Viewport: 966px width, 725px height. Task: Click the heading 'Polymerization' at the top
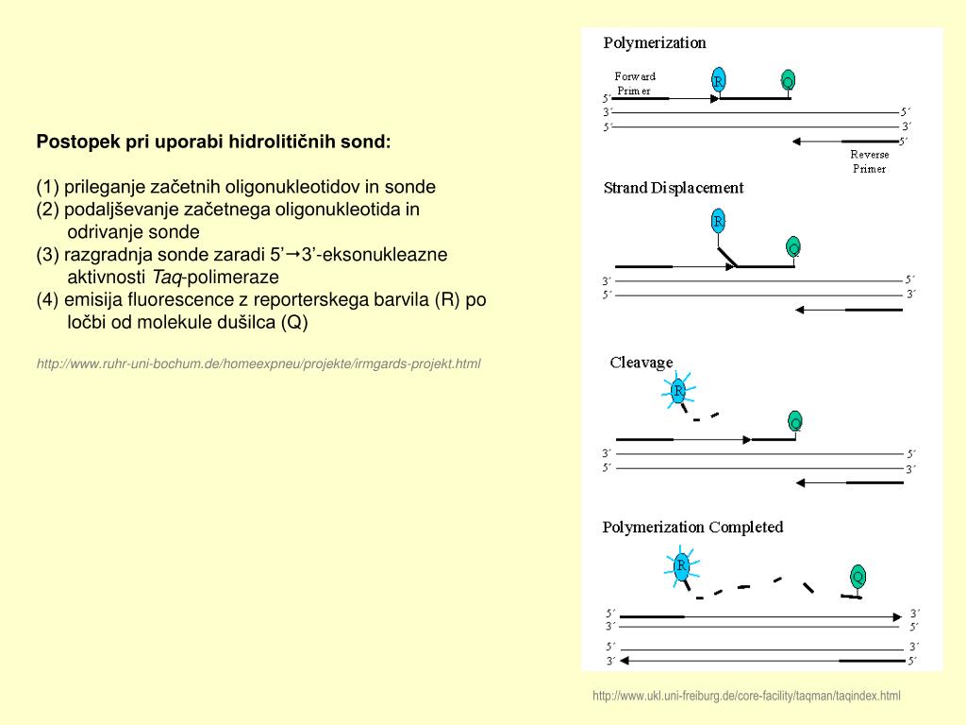(x=655, y=42)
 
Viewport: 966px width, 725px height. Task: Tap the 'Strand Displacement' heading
(x=674, y=188)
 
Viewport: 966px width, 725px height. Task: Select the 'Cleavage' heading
(x=641, y=362)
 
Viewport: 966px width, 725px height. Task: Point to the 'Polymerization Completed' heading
(x=692, y=527)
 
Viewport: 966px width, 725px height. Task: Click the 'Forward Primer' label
(x=635, y=83)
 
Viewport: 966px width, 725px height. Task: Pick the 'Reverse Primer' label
(x=869, y=161)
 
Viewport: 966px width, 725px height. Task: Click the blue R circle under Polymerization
(x=719, y=80)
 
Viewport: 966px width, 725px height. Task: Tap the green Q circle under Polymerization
(x=788, y=81)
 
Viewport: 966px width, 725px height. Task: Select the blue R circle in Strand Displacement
(x=718, y=222)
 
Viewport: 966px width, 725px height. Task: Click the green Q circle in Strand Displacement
(x=793, y=247)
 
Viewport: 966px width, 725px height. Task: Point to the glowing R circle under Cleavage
(x=678, y=391)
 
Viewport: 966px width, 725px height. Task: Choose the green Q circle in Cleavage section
(x=795, y=422)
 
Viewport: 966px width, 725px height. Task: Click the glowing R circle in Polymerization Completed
(x=681, y=566)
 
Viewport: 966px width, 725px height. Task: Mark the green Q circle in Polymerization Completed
(x=858, y=576)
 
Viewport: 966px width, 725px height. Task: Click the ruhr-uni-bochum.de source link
(x=258, y=363)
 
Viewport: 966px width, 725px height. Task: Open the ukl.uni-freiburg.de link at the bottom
(x=746, y=696)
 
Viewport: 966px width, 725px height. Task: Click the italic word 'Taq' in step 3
(x=167, y=277)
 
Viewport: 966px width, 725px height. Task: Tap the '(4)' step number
(x=48, y=299)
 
